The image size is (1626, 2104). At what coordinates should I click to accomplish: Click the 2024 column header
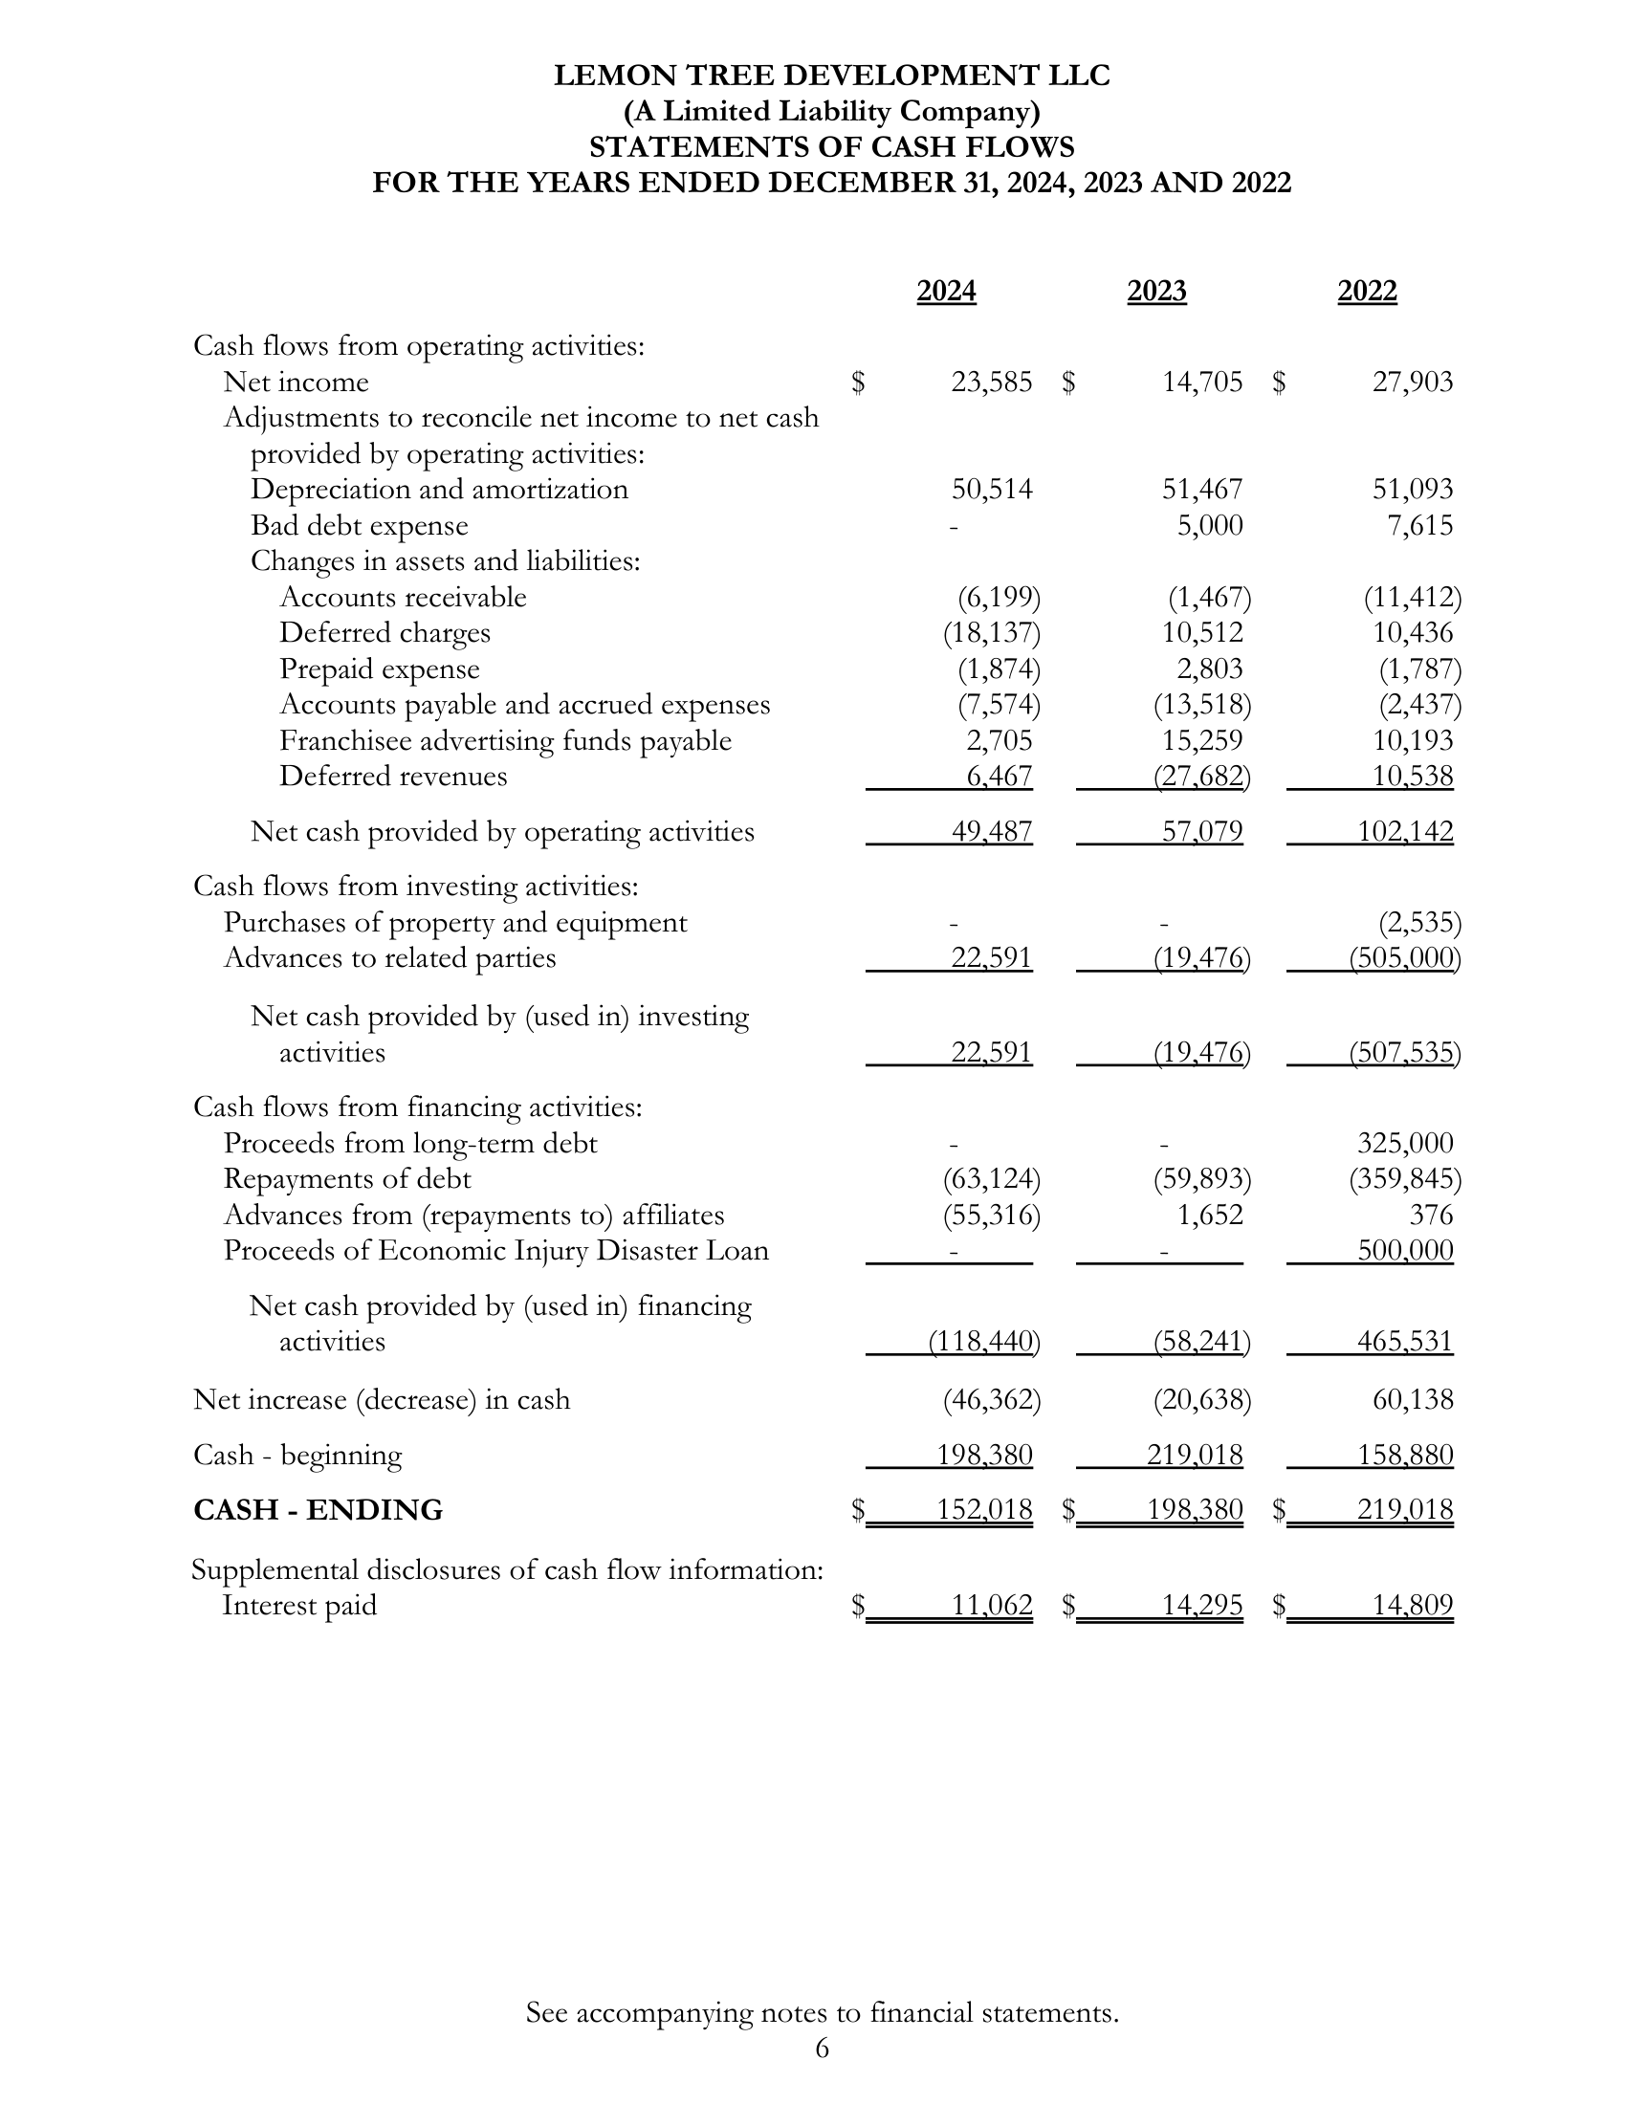tap(946, 291)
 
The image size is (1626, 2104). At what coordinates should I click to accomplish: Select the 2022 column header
tap(1367, 291)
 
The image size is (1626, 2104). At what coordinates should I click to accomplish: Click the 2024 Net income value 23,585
tap(991, 383)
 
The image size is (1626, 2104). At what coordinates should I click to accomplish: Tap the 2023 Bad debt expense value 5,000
tap(1210, 525)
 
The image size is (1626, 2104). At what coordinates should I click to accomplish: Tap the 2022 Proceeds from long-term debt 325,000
tap(1404, 1144)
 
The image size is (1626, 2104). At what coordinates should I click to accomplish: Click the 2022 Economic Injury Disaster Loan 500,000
tap(1404, 1251)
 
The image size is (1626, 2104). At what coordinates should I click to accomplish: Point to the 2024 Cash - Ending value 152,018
tap(984, 1509)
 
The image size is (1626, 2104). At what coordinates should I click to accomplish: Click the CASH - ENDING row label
tap(318, 1509)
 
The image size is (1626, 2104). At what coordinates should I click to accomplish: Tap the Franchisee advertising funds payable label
tap(505, 741)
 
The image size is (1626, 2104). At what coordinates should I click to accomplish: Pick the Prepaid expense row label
tap(379, 668)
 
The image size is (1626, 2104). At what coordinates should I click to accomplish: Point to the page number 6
tap(822, 2075)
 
